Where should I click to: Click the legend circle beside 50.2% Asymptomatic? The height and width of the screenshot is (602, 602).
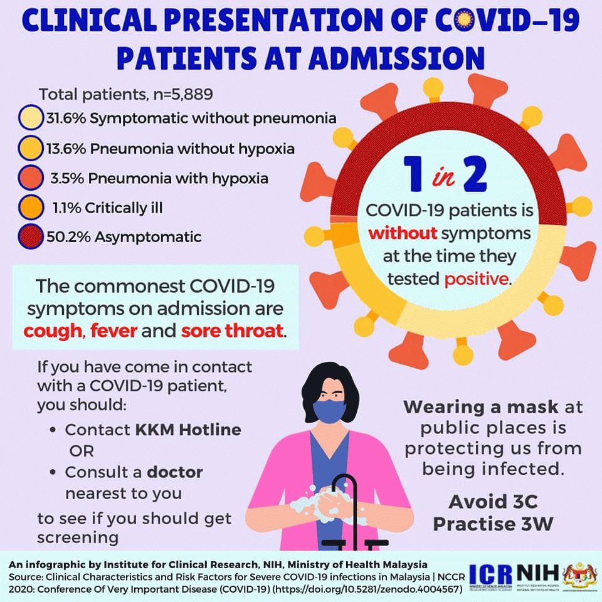[30, 237]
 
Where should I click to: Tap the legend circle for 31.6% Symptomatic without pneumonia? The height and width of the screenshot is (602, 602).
[30, 117]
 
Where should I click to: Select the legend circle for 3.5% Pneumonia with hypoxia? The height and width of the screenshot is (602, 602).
[30, 177]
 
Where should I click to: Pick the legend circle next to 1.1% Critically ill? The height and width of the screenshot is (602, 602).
[30, 208]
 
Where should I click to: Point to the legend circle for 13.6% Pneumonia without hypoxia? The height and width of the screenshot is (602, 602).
[30, 148]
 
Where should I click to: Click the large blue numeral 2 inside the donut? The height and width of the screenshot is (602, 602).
[475, 175]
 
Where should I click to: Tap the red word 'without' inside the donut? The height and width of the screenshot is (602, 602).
[403, 233]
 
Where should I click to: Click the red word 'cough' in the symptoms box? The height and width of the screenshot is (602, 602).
[53, 331]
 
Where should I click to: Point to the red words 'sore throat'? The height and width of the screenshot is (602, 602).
[232, 330]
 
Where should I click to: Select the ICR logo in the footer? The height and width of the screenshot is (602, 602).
[490, 575]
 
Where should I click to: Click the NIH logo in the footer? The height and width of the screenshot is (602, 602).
[537, 573]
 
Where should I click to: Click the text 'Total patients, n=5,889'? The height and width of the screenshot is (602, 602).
[126, 94]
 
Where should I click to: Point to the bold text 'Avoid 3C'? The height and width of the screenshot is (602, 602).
[494, 502]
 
